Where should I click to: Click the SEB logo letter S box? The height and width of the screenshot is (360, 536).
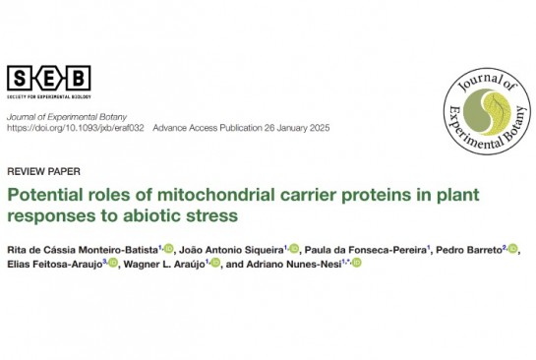click(x=20, y=79)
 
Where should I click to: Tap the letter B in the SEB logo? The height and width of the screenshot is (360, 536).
click(x=79, y=79)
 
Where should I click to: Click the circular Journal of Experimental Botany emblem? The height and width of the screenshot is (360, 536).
click(x=487, y=111)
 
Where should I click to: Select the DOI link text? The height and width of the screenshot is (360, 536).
click(x=76, y=128)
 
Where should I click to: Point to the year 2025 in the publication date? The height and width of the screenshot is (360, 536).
click(x=320, y=128)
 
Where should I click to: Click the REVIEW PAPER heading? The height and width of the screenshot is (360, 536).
click(x=43, y=171)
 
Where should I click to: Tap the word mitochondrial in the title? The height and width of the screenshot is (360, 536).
click(x=216, y=195)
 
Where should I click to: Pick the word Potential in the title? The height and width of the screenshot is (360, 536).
click(x=45, y=195)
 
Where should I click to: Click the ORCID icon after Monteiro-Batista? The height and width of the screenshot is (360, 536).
click(x=168, y=249)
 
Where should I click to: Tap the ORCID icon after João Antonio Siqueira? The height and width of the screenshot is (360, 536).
click(x=294, y=249)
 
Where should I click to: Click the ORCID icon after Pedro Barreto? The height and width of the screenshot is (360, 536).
click(x=512, y=249)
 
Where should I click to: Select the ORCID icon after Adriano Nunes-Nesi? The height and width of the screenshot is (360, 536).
click(x=357, y=263)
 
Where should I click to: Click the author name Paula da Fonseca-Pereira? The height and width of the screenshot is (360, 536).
click(x=366, y=250)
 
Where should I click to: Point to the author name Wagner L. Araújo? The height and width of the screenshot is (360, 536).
click(x=164, y=265)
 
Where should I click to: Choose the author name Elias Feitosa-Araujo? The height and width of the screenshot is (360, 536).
click(x=55, y=265)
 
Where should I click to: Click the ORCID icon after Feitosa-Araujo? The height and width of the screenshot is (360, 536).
click(x=113, y=263)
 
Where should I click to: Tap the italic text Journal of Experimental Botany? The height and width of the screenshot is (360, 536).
click(x=67, y=117)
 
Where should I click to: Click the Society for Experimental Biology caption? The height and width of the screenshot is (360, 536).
click(x=49, y=96)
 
